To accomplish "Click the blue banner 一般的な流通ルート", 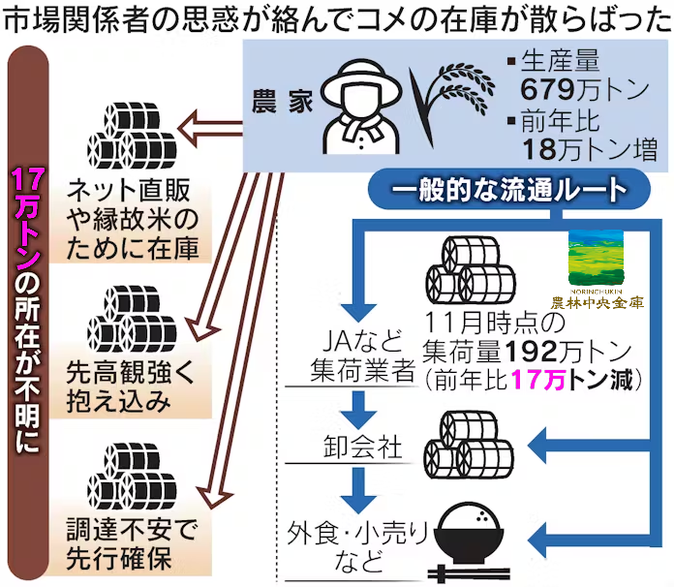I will pos(500,191).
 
